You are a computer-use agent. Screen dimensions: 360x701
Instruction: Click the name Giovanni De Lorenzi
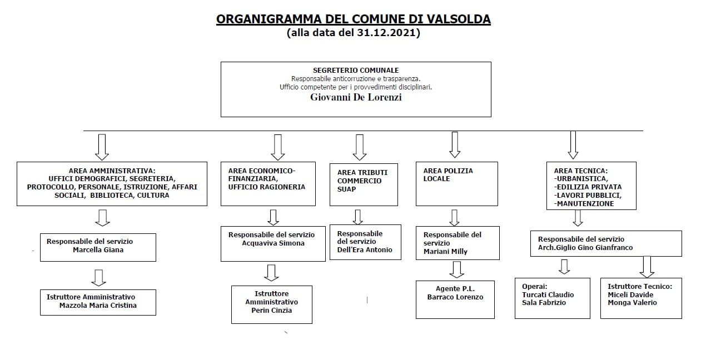[x=355, y=97]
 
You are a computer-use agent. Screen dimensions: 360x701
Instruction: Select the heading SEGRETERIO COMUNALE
[x=356, y=71]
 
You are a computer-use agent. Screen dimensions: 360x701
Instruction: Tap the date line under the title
[x=353, y=33]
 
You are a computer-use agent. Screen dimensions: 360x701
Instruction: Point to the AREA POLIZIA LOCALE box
[x=457, y=183]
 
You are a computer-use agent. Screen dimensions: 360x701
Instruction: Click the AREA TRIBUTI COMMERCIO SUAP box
[x=364, y=184]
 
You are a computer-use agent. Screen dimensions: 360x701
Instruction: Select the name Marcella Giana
[x=98, y=250]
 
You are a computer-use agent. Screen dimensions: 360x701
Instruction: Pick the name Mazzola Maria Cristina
[x=98, y=305]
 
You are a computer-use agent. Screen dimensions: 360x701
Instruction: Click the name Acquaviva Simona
[x=273, y=243]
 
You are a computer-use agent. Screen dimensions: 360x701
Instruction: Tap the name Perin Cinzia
[x=271, y=310]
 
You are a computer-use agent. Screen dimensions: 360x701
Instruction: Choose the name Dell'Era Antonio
[x=365, y=249]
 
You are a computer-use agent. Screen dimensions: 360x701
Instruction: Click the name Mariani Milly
[x=445, y=251]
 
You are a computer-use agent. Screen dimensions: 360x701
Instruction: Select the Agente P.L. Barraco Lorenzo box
[x=455, y=299]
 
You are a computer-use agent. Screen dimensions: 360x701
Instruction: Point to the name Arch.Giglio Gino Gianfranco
[x=585, y=248]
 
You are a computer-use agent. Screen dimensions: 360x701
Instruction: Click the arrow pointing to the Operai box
[x=564, y=267]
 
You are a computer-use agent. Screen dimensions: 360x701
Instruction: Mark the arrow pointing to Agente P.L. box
[x=456, y=269]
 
